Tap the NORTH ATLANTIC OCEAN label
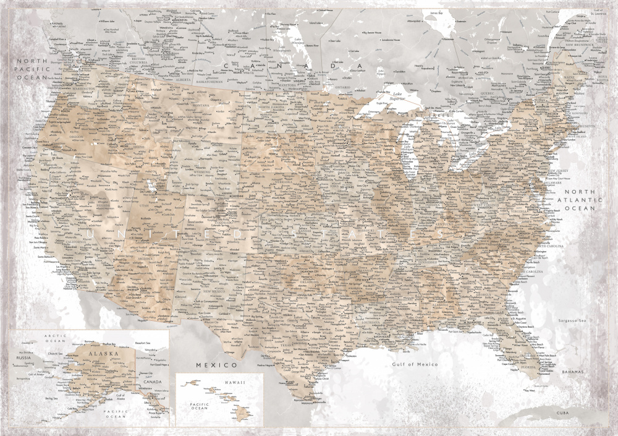578,200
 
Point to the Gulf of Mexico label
415,364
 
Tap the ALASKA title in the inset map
100,354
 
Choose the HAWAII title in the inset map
235,383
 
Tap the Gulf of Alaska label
120,396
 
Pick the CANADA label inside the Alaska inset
151,382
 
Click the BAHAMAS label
574,372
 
